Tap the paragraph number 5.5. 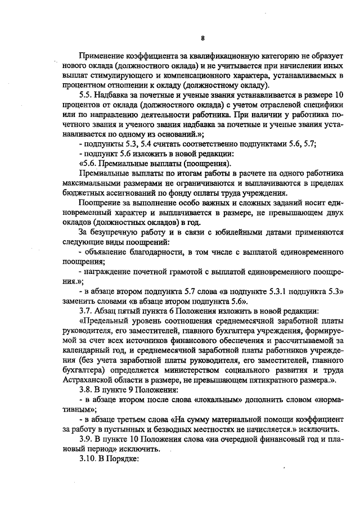pyautogui.click(x=87, y=95)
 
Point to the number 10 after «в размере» pyautogui.click(x=337, y=95)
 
